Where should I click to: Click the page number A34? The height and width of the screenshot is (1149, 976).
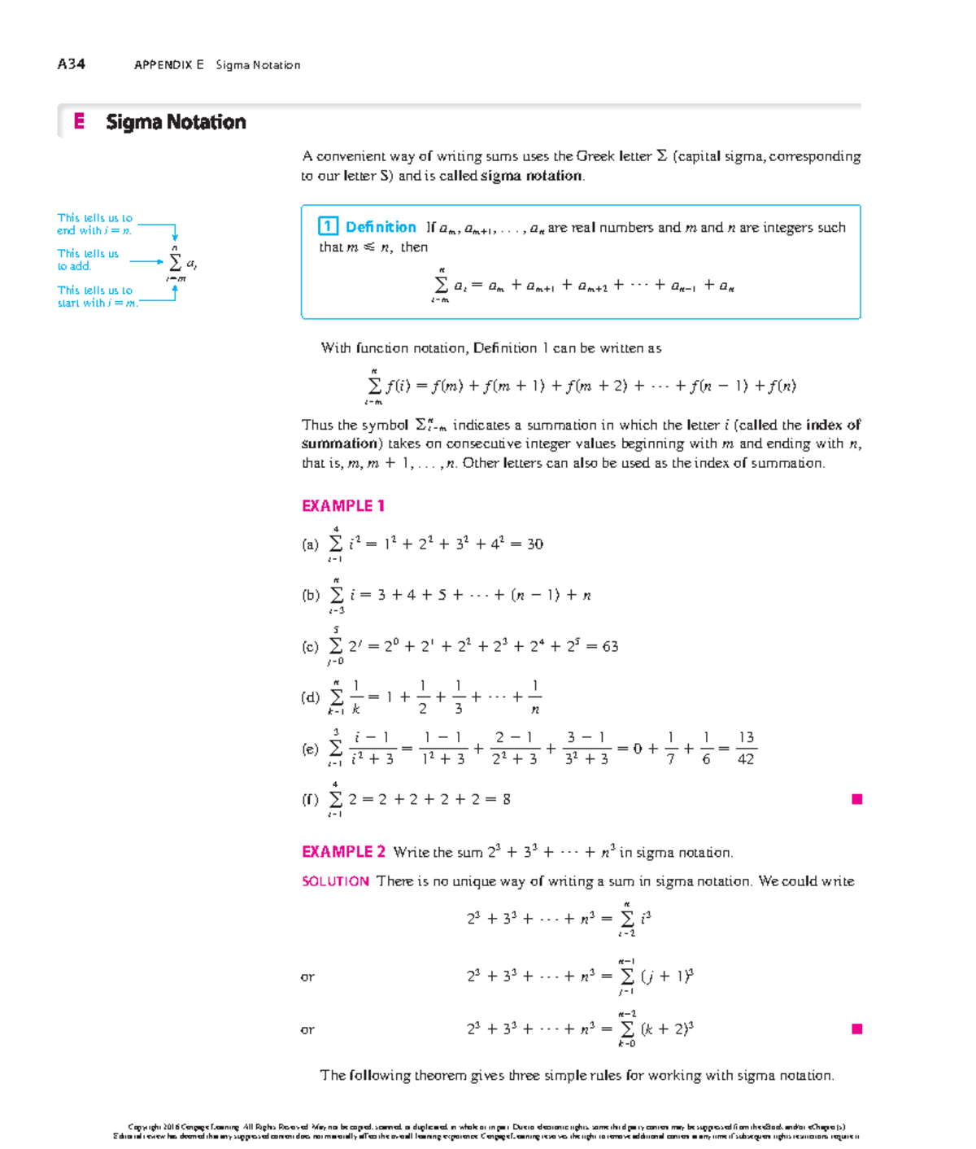coord(71,64)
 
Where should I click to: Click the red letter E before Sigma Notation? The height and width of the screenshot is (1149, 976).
coord(79,122)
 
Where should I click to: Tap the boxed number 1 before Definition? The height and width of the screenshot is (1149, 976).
coord(328,227)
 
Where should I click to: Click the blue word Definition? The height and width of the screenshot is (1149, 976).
coord(381,227)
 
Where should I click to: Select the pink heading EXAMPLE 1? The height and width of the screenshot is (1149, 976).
coord(342,506)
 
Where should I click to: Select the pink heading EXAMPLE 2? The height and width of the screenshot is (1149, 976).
coord(343,852)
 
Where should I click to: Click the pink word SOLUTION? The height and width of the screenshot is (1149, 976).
coord(335,881)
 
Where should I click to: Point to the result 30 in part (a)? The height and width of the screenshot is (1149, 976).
coord(534,544)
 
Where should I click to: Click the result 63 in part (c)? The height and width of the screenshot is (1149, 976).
coord(610,647)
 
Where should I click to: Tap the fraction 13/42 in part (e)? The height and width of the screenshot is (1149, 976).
coord(745,748)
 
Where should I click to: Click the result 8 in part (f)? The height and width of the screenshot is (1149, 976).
coord(507,799)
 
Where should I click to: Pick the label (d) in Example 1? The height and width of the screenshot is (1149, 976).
coord(310,697)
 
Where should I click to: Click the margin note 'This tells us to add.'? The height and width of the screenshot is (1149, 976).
coord(87,260)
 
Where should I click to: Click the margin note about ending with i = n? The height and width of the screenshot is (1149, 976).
coord(94,224)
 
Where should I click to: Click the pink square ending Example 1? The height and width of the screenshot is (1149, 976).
coord(856,799)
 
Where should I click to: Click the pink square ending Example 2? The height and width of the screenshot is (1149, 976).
coord(856,1029)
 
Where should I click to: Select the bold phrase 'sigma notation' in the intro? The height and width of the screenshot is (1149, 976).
coord(531,176)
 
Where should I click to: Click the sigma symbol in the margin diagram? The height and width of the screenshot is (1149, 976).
coord(175,263)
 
